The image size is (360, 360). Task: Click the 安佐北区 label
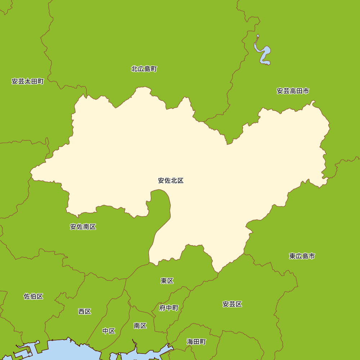[x=171, y=181]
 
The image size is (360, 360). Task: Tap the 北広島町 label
[x=144, y=69]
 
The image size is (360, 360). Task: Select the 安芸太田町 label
[x=28, y=81]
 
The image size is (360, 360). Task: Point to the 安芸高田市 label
[x=293, y=91]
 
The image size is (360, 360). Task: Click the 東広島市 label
[x=302, y=256]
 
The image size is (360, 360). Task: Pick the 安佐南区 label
[x=83, y=227]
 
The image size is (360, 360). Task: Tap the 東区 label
[x=167, y=281]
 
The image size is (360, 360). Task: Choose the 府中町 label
[x=169, y=308]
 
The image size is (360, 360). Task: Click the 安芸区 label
[x=232, y=304]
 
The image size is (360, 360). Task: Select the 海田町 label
[x=197, y=342]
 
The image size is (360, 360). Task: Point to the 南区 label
[x=140, y=326]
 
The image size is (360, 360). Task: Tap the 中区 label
[x=109, y=331]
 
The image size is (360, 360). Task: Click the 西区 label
[x=85, y=311]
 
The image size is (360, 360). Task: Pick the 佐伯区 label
[x=33, y=296]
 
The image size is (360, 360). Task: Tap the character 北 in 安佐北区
[x=174, y=181]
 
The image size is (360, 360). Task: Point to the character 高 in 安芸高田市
[x=293, y=91]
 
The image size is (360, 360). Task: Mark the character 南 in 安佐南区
[x=86, y=227]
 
